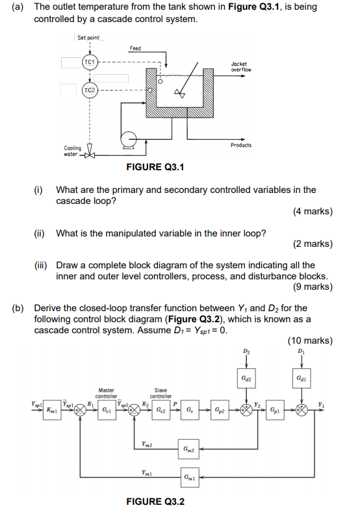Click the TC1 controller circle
[89, 63]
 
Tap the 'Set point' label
[88, 38]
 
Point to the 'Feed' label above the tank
[135, 48]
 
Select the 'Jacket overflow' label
[240, 67]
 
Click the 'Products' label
[241, 145]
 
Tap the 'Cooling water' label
[72, 151]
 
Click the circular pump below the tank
[130, 138]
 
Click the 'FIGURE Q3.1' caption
[155, 168]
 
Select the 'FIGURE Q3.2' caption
[155, 501]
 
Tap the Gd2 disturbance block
[246, 376]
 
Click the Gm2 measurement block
[189, 448]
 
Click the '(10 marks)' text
[309, 340]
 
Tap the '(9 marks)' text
[312, 287]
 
